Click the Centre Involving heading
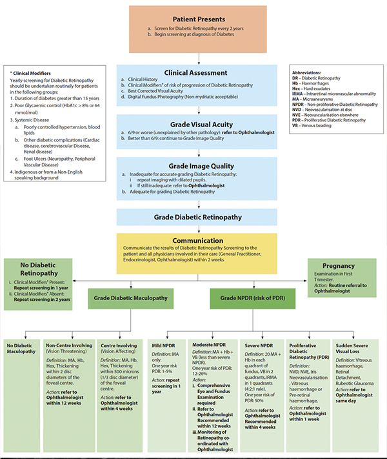pyautogui.click(x=117, y=346)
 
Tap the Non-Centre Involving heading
pyautogui.click(x=68, y=346)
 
